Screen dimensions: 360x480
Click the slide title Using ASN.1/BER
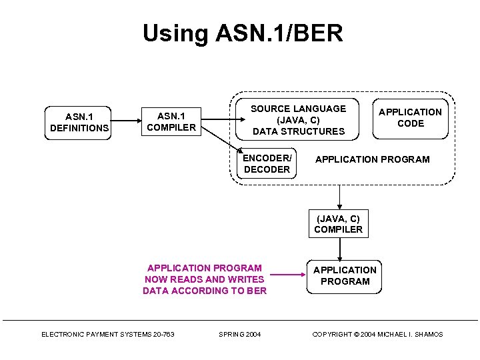pyautogui.click(x=243, y=33)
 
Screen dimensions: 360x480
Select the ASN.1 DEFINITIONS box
pyautogui.click(x=79, y=122)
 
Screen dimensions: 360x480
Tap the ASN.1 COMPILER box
pyautogui.click(x=171, y=122)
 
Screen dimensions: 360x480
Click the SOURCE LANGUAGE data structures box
pyautogui.click(x=298, y=120)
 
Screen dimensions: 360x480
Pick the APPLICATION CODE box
pyautogui.click(x=410, y=118)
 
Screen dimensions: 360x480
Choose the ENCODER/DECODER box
pyautogui.click(x=267, y=164)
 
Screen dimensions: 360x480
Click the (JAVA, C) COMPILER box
pyautogui.click(x=339, y=224)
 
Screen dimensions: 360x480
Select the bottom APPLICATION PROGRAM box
pyautogui.click(x=345, y=275)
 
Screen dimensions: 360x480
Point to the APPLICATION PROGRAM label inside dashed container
pyautogui.click(x=372, y=159)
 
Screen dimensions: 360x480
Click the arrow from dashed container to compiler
pyautogui.click(x=339, y=196)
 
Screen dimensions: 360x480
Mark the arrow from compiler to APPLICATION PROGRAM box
pyautogui.click(x=340, y=249)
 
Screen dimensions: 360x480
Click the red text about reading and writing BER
pyautogui.click(x=204, y=279)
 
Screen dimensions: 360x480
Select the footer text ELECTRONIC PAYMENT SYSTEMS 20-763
pyautogui.click(x=108, y=334)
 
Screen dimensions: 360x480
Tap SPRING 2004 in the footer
pyautogui.click(x=239, y=334)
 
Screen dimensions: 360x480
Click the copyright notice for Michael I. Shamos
pyautogui.click(x=377, y=334)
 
